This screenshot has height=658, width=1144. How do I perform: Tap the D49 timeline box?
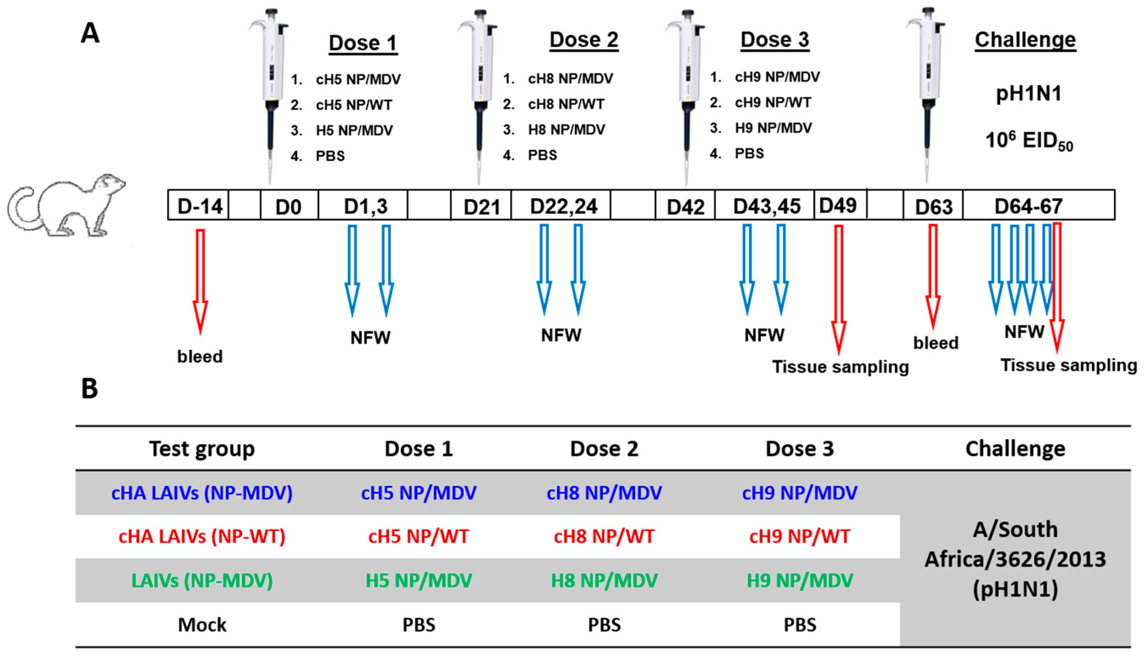[839, 206]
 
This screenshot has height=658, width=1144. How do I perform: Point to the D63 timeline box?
[933, 206]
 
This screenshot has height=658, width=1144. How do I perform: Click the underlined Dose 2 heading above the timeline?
[584, 40]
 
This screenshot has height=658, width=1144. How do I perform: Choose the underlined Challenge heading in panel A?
[1025, 40]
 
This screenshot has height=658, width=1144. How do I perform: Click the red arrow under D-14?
[200, 280]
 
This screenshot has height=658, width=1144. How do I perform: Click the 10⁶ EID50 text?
[1028, 141]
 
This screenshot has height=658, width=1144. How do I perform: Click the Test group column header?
[202, 449]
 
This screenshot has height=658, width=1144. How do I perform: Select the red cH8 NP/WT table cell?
[604, 536]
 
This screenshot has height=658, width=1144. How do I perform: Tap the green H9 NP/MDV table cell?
[800, 580]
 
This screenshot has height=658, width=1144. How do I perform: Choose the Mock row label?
[202, 625]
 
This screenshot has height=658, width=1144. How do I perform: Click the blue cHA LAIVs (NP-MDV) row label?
[202, 493]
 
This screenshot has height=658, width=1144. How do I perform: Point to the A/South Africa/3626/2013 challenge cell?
[1015, 559]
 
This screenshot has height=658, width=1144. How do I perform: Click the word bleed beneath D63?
[935, 343]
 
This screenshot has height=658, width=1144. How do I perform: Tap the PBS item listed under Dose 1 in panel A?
[330, 156]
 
